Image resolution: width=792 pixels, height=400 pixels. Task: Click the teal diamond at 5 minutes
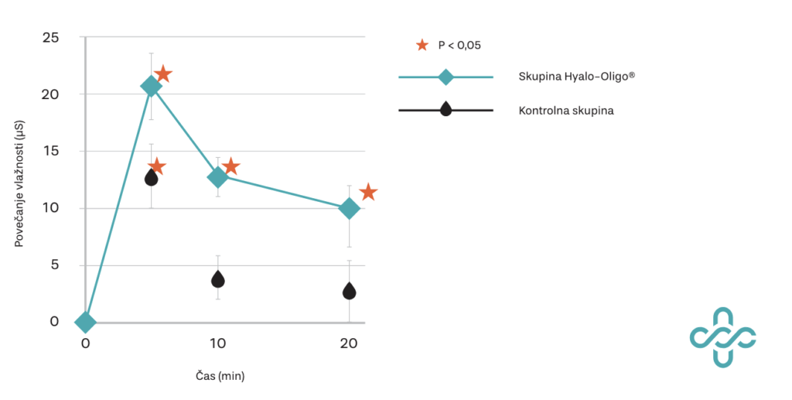[151, 87]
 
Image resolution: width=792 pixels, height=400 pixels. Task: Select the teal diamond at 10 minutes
[218, 177]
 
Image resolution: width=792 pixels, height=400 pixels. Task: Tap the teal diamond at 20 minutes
[349, 209]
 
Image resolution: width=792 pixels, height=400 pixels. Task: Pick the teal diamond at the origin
[85, 322]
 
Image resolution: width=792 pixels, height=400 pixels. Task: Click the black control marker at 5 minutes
[152, 178]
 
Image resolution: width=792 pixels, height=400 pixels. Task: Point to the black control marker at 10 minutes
[218, 279]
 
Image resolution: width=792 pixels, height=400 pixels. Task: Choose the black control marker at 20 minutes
[349, 291]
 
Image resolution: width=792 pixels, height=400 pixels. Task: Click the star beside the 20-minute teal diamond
[368, 192]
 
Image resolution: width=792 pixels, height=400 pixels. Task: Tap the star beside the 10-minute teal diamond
[230, 166]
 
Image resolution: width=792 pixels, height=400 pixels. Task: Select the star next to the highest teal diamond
[163, 74]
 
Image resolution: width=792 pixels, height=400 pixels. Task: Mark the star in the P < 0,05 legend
[422, 45]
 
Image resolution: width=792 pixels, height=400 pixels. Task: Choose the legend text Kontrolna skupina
[566, 111]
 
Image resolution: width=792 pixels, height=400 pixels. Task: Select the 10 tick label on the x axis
[217, 344]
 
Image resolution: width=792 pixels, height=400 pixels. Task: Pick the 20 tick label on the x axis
[348, 344]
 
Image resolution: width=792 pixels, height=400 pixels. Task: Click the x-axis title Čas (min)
[220, 376]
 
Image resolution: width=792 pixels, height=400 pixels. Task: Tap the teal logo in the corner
[722, 337]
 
